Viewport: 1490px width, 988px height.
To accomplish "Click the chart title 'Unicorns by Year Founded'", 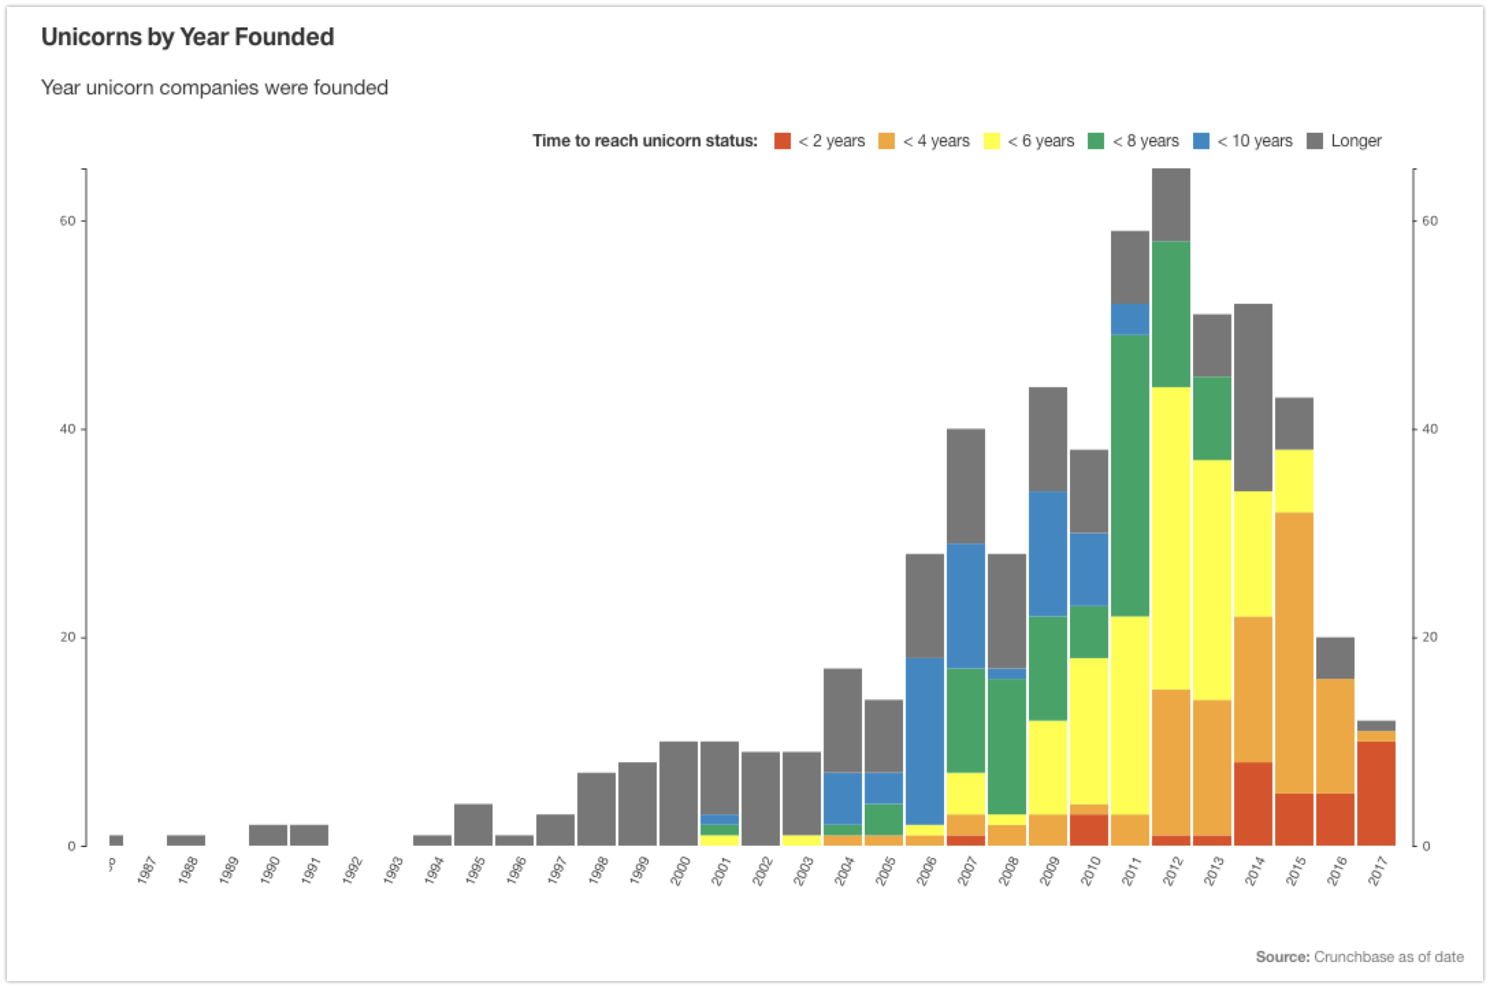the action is (x=187, y=37).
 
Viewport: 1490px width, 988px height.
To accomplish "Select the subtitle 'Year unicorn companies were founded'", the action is (x=214, y=88).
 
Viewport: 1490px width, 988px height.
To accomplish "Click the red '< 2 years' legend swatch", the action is (x=782, y=141).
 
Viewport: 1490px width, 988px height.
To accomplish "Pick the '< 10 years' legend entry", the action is (x=1243, y=141).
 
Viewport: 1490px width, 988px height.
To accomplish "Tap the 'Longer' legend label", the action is (x=1356, y=141).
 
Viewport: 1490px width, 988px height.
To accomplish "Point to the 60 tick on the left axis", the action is (x=67, y=221).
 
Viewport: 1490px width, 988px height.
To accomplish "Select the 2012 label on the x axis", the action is (x=1173, y=870).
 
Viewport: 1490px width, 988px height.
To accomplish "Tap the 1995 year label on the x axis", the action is (x=475, y=870).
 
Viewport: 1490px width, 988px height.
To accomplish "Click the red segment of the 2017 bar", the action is (x=1376, y=794).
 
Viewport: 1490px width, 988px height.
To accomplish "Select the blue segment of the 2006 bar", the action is (x=925, y=741).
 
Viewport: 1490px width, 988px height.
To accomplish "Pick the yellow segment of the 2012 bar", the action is (x=1171, y=538).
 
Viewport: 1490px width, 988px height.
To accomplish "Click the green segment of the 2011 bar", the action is (x=1130, y=476).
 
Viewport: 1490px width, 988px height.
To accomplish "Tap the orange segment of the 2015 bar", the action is (x=1294, y=653).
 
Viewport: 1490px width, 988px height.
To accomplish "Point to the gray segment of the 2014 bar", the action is (x=1253, y=398).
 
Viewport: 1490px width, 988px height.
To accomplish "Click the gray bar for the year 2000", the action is (x=679, y=794).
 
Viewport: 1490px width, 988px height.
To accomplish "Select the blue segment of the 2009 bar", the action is (x=1048, y=554).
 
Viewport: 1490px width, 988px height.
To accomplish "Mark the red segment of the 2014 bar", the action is (x=1253, y=804).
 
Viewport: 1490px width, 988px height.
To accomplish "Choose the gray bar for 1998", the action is (x=597, y=809).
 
